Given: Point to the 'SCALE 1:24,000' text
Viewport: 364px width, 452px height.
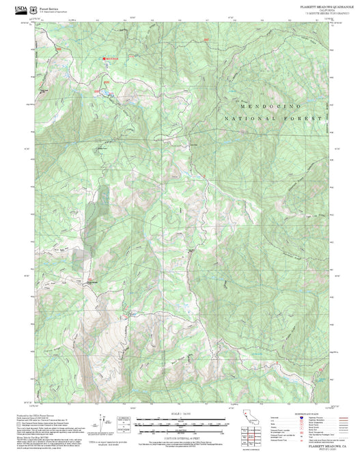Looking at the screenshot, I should [x=181, y=414].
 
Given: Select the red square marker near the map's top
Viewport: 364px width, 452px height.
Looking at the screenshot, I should [x=107, y=59].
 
